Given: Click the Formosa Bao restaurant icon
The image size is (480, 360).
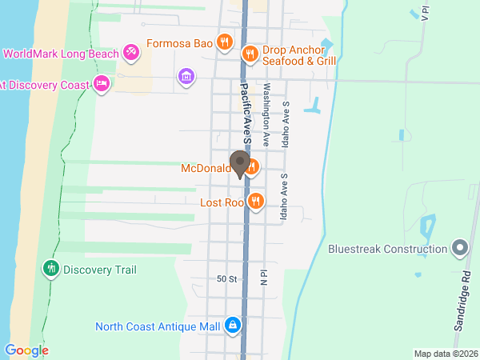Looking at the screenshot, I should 225,43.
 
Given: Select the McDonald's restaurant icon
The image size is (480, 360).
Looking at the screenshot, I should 252,167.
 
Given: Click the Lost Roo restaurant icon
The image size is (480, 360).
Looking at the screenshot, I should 255,202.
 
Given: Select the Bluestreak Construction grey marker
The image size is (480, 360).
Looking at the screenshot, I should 459,248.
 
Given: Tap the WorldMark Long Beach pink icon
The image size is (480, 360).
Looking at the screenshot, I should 131,54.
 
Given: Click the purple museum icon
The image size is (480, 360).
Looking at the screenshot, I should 186,77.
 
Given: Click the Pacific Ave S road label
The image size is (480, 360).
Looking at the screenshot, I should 247,113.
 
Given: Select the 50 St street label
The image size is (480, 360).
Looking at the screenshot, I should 227,279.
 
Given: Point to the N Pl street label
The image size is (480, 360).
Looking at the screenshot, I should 262,277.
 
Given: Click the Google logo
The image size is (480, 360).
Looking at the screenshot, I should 26,350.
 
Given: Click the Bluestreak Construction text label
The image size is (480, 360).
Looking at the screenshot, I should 387,249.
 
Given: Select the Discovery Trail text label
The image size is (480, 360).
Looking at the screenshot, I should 100,270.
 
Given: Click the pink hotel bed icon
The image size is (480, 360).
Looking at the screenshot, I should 102,83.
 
